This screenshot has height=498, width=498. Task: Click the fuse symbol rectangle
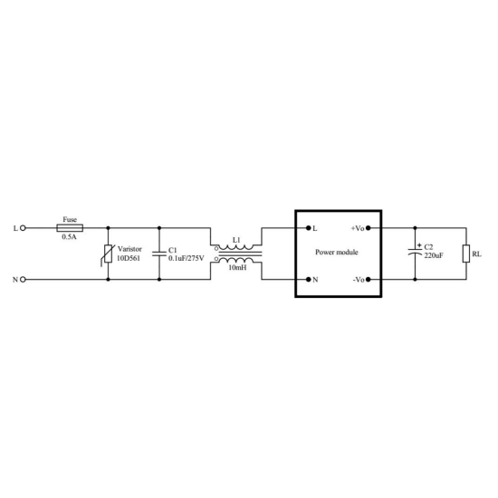pyautogui.click(x=70, y=228)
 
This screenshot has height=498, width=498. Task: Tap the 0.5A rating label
pyautogui.click(x=69, y=237)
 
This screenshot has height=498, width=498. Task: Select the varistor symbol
pyautogui.click(x=108, y=254)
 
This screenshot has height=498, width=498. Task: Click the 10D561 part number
pyautogui.click(x=129, y=258)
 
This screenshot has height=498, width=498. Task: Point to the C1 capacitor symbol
pyautogui.click(x=159, y=254)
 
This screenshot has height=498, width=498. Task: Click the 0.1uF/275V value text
pyautogui.click(x=187, y=258)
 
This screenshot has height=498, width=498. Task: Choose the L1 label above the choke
pyautogui.click(x=236, y=240)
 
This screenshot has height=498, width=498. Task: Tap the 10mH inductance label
pyautogui.click(x=237, y=268)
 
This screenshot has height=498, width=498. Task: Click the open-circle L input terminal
pyautogui.click(x=23, y=228)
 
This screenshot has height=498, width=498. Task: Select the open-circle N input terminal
pyautogui.click(x=23, y=280)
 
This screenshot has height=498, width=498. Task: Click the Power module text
pyautogui.click(x=337, y=253)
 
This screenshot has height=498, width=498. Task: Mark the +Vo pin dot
pyautogui.click(x=369, y=228)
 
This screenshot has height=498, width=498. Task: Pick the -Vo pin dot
pyautogui.click(x=369, y=280)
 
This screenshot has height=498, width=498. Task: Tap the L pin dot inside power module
pyautogui.click(x=308, y=228)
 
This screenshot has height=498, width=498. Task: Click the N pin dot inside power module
pyautogui.click(x=308, y=280)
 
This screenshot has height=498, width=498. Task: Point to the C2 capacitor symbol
pyautogui.click(x=415, y=253)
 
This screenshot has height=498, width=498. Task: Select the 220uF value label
pyautogui.click(x=434, y=255)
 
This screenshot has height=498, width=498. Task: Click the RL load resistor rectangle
pyautogui.click(x=466, y=254)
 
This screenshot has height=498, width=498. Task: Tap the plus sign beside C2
pyautogui.click(x=419, y=245)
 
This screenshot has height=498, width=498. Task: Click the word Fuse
pyautogui.click(x=70, y=219)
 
